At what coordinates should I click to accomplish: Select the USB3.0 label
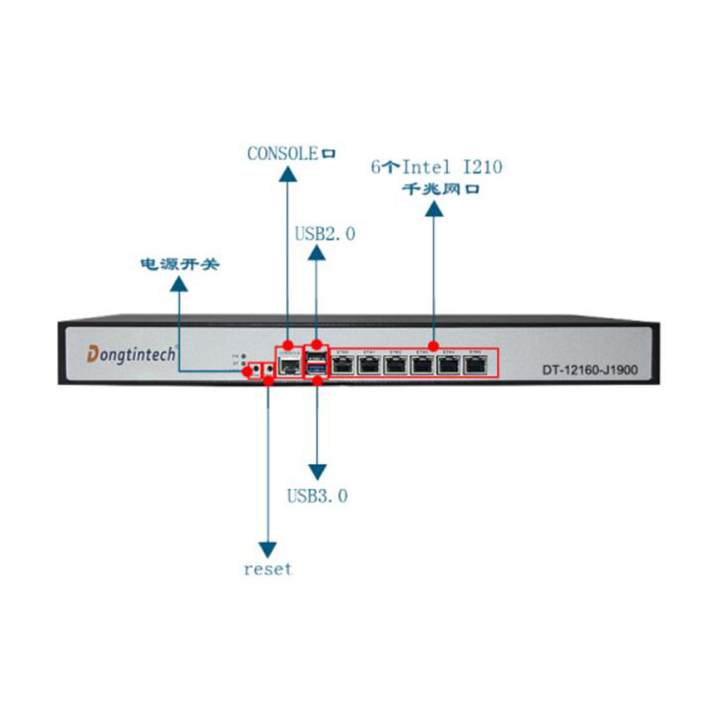(x=317, y=495)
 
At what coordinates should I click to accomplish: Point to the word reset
(x=267, y=569)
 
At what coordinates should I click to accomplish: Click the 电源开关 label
(x=178, y=264)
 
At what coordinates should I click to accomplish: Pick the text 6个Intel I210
(x=434, y=166)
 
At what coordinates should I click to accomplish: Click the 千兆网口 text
(x=434, y=189)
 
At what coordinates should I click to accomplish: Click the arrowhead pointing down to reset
(x=267, y=547)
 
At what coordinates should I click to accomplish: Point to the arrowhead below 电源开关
(x=178, y=283)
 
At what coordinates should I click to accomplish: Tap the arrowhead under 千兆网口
(x=434, y=208)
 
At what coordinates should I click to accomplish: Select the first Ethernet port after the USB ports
(x=343, y=364)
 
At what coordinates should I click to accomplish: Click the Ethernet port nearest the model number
(x=477, y=364)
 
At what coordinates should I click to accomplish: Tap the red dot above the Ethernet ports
(x=434, y=344)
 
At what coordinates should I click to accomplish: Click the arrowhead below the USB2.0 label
(x=317, y=253)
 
